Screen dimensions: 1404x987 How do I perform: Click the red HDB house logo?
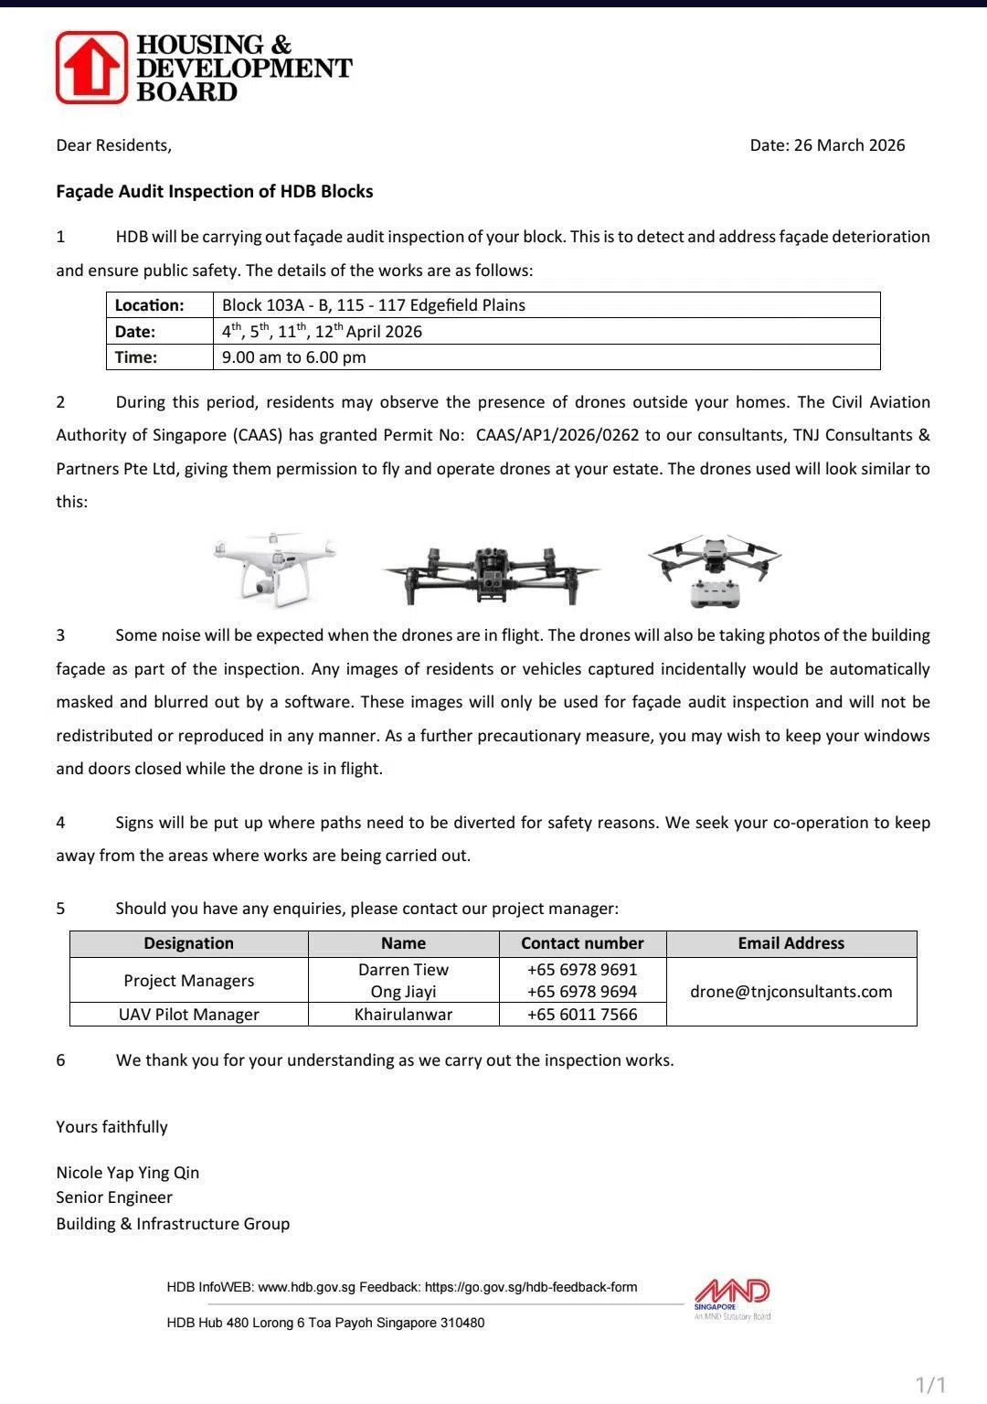click(91, 68)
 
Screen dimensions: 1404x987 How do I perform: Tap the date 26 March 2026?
click(849, 145)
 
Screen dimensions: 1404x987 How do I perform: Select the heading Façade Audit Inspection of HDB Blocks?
click(215, 192)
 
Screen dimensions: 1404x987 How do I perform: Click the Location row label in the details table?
click(150, 305)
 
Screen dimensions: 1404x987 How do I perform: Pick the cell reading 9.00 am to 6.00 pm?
click(294, 357)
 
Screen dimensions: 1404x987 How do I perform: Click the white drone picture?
click(273, 567)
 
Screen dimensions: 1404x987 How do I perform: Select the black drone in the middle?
click(491, 572)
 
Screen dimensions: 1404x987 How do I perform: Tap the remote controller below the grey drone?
click(716, 593)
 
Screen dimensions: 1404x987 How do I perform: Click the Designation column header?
click(189, 943)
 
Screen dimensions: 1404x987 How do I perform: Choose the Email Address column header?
click(791, 943)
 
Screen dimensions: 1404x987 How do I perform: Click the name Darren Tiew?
click(403, 970)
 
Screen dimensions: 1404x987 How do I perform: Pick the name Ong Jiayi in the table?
click(403, 992)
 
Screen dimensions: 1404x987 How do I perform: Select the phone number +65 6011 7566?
click(582, 1015)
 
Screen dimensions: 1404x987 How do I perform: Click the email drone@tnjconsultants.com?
click(791, 992)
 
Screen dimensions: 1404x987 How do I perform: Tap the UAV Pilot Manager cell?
click(189, 1015)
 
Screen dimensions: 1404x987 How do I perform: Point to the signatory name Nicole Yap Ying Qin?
click(128, 1173)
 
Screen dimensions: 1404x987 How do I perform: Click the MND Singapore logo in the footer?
click(732, 1298)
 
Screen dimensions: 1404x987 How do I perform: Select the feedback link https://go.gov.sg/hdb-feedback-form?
click(531, 1287)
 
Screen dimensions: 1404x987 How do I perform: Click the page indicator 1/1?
click(930, 1385)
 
